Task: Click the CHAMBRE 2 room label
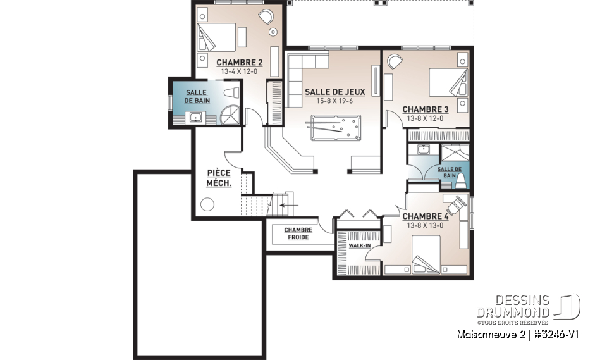pyautogui.click(x=239, y=63)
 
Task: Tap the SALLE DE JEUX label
pyautogui.click(x=334, y=92)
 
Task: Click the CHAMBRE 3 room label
pyautogui.click(x=425, y=109)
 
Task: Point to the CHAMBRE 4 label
pyautogui.click(x=425, y=216)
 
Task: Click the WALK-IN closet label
pyautogui.click(x=359, y=245)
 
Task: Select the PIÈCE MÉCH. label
pyautogui.click(x=219, y=178)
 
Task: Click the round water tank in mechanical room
pyautogui.click(x=207, y=205)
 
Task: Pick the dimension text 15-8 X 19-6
pyautogui.click(x=334, y=101)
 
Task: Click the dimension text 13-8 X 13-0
pyautogui.click(x=425, y=225)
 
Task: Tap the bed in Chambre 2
pyautogui.click(x=216, y=37)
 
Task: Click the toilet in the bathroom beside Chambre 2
pyautogui.click(x=232, y=93)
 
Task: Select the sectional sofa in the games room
pyautogui.click(x=300, y=76)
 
